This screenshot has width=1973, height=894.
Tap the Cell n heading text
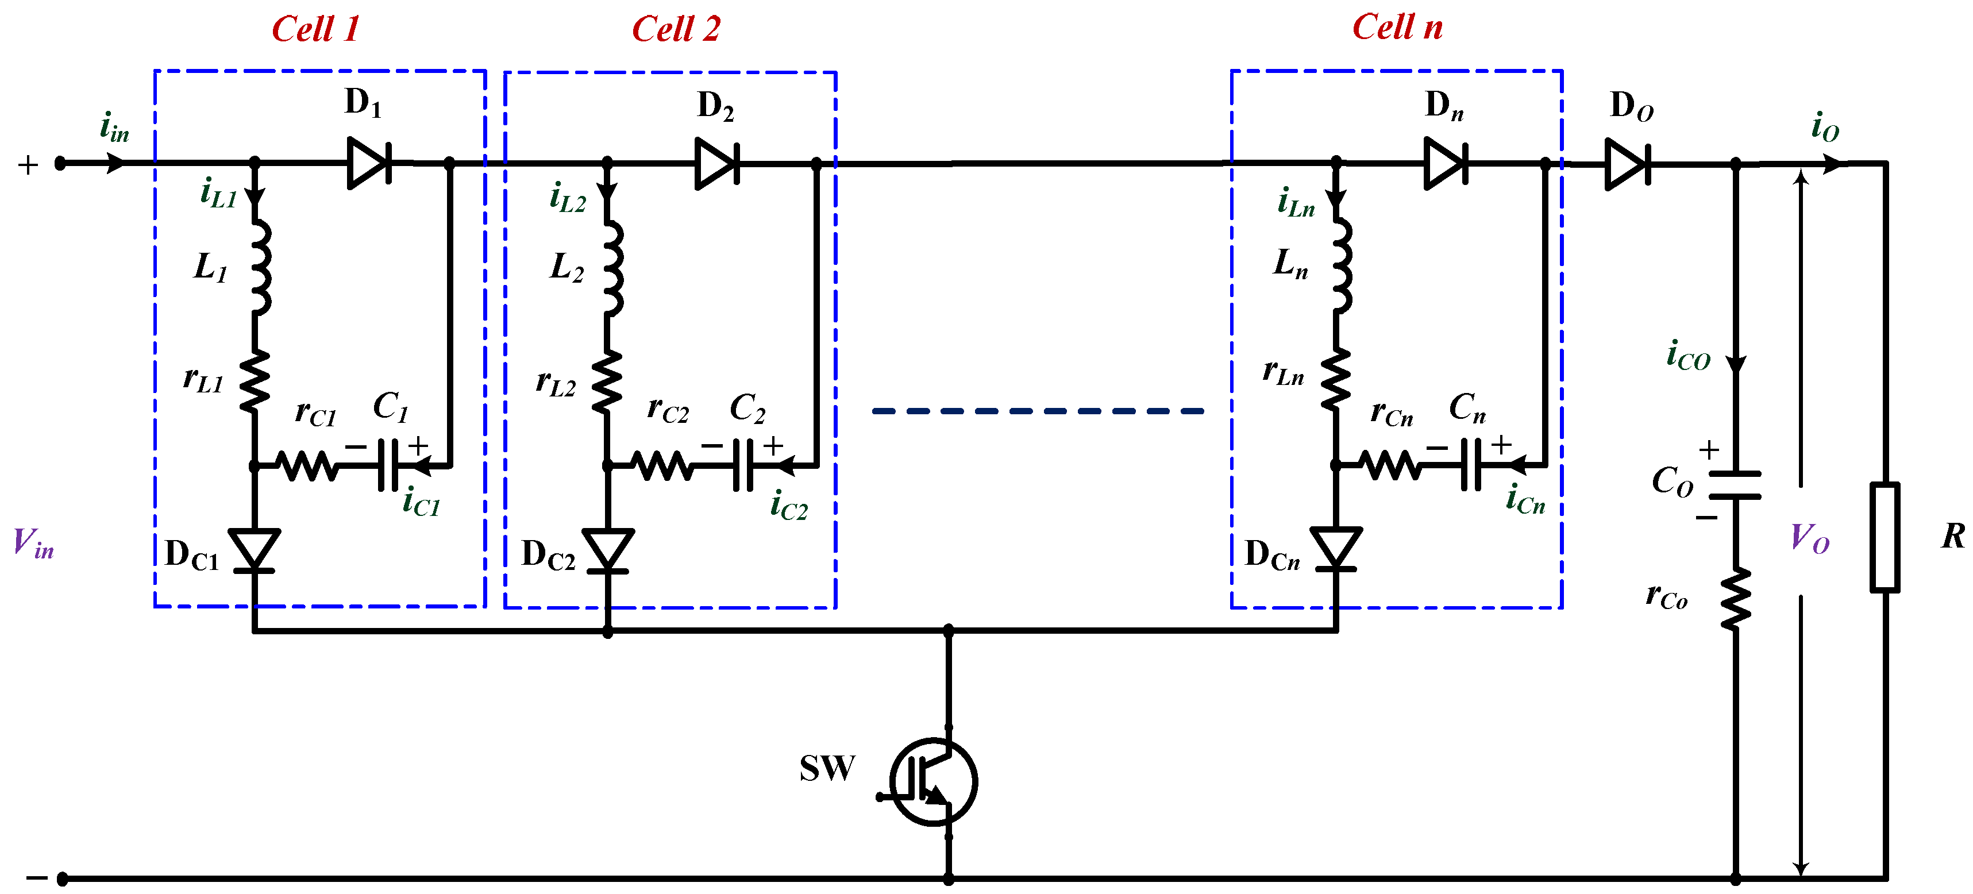(1397, 28)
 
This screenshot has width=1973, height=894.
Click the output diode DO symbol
(1627, 163)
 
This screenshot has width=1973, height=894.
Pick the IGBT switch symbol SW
(933, 781)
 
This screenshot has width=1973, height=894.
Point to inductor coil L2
(612, 268)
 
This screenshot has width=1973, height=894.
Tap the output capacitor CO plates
(1735, 485)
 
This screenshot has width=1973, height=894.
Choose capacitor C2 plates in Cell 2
(743, 465)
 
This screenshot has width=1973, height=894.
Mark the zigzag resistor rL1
(255, 382)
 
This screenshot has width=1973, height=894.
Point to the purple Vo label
(1809, 538)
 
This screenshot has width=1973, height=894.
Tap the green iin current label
(114, 127)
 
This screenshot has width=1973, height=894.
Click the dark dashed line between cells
(1037, 411)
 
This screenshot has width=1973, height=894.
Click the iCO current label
(1688, 356)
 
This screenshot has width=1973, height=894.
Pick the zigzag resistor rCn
(1391, 465)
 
